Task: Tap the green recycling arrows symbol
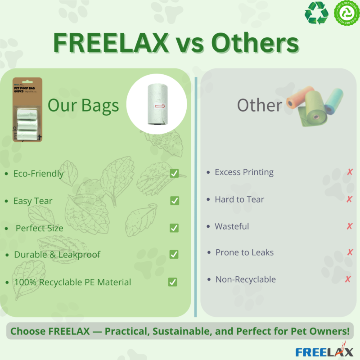[316, 13]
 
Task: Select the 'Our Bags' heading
[83, 105]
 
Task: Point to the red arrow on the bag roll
[160, 106]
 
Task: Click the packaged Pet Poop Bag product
[27, 110]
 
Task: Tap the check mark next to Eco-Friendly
[174, 173]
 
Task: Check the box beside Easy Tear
[175, 201]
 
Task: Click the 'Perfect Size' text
[40, 228]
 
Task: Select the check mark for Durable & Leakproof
[174, 254]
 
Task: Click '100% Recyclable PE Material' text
[72, 282]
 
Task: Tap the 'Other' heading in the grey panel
[260, 105]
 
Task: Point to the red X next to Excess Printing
[350, 172]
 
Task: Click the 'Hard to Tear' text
[239, 199]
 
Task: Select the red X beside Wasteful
[350, 226]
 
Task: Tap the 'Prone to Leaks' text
[244, 252]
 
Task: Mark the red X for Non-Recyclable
[348, 279]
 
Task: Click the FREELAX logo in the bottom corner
[324, 351]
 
